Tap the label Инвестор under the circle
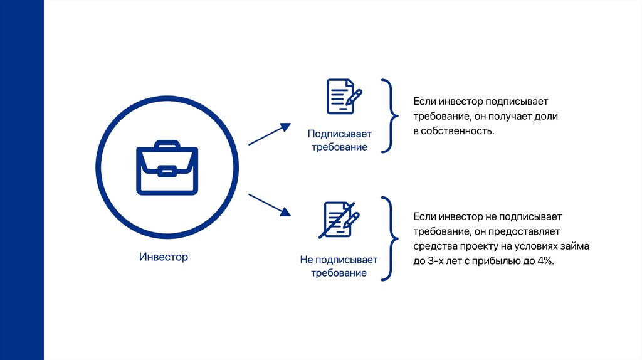(x=163, y=257)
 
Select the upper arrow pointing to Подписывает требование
(x=270, y=134)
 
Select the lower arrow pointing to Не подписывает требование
(x=270, y=205)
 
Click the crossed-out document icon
(x=340, y=220)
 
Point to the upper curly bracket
(x=389, y=116)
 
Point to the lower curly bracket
(x=389, y=238)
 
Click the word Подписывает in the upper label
(x=339, y=134)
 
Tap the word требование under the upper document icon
(x=339, y=147)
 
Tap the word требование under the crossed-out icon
(x=339, y=273)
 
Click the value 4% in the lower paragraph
(x=545, y=261)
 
